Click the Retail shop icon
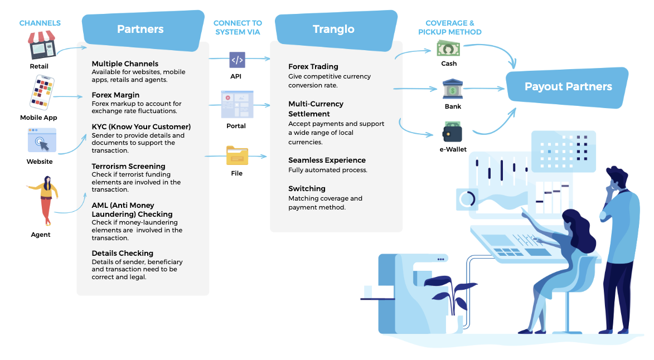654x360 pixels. coord(43,46)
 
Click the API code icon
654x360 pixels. coord(237,60)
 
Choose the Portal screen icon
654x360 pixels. coord(237,104)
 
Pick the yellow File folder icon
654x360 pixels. coord(237,155)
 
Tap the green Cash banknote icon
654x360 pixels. coord(448,49)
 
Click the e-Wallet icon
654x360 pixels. coord(452,132)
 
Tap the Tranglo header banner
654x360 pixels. coord(334,30)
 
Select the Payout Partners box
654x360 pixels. coord(568,87)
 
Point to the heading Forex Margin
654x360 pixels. coord(115,95)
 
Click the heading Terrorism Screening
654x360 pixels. coord(128,166)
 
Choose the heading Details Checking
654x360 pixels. coord(122,254)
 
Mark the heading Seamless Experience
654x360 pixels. coord(327,160)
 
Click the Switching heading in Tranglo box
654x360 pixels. coord(307,189)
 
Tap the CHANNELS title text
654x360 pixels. coord(40,23)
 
